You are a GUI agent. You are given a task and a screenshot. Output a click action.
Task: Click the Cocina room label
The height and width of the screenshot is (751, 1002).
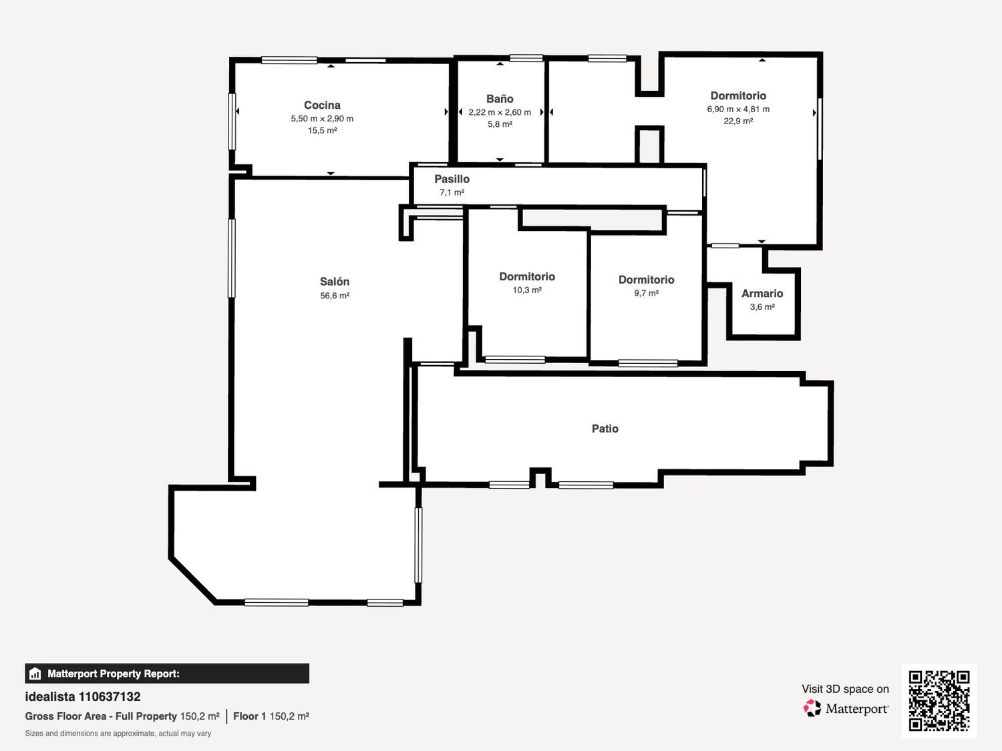322,105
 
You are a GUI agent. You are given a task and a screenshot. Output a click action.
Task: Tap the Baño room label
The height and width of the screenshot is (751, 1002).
500,99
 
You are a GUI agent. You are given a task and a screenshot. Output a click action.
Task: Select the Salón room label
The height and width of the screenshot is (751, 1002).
335,281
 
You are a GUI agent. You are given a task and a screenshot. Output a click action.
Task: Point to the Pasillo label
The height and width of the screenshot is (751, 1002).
452,179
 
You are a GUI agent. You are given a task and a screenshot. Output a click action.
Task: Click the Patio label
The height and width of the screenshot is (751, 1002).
605,428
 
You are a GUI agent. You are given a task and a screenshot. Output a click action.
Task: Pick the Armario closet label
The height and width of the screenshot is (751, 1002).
762,293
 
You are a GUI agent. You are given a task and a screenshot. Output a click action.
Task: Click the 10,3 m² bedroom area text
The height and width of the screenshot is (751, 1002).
527,290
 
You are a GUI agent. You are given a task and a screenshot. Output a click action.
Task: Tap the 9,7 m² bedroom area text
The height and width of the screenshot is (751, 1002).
646,293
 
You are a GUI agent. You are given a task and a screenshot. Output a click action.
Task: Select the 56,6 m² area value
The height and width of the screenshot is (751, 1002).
335,296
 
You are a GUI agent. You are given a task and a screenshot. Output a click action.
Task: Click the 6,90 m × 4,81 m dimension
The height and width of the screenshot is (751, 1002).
738,109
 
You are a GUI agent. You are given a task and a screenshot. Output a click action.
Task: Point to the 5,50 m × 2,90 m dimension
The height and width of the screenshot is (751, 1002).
322,119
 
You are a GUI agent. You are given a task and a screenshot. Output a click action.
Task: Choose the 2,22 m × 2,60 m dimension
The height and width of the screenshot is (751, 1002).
500,112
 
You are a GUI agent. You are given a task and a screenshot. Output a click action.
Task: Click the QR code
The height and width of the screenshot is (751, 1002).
939,700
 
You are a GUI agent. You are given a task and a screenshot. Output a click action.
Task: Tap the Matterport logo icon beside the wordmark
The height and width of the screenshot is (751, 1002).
812,708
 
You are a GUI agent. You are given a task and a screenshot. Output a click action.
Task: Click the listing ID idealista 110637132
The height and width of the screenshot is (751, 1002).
83,697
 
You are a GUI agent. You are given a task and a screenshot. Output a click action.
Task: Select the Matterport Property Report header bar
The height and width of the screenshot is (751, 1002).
167,674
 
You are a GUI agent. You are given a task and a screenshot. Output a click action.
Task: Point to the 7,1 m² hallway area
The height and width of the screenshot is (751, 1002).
452,192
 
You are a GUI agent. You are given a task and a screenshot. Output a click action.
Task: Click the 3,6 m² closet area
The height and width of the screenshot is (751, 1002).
762,307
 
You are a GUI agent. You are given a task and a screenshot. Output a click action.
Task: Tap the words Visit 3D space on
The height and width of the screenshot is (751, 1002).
845,689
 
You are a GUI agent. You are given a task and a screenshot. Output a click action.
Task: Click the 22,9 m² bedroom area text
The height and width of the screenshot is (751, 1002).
738,121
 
